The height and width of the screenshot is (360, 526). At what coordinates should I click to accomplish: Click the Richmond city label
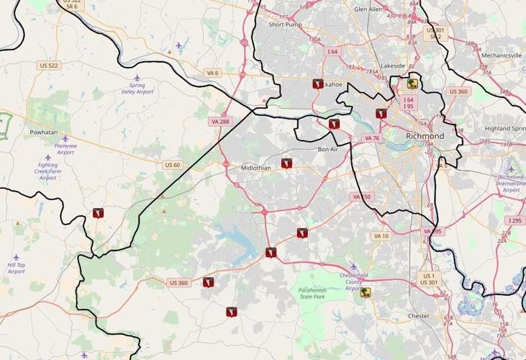(425, 135)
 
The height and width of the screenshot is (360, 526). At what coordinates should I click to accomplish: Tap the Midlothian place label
(256, 168)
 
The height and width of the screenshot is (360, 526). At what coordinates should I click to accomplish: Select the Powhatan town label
(43, 132)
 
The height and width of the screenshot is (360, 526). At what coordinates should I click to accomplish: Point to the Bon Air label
(327, 149)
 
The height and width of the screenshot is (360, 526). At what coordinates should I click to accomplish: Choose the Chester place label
(418, 315)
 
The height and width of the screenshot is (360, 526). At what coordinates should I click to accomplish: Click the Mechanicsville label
(502, 55)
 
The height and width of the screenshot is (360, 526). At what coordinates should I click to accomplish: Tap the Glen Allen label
(368, 9)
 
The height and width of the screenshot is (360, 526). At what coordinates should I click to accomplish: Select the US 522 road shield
(49, 66)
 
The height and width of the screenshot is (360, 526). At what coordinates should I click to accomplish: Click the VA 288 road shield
(220, 122)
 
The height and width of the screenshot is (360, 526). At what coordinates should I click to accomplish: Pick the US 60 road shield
(173, 165)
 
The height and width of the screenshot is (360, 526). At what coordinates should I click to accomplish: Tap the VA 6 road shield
(212, 73)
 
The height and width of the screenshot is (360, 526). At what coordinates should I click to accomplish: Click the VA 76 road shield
(371, 138)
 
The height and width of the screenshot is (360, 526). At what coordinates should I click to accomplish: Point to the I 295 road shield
(514, 220)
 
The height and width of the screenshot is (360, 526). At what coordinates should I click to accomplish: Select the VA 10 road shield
(381, 236)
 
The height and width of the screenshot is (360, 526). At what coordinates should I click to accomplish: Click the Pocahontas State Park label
(312, 293)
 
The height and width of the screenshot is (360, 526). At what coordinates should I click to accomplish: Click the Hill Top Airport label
(16, 268)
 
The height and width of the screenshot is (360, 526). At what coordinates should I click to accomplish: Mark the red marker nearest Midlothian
(286, 163)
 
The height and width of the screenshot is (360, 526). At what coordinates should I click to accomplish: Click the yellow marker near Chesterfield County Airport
(366, 292)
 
